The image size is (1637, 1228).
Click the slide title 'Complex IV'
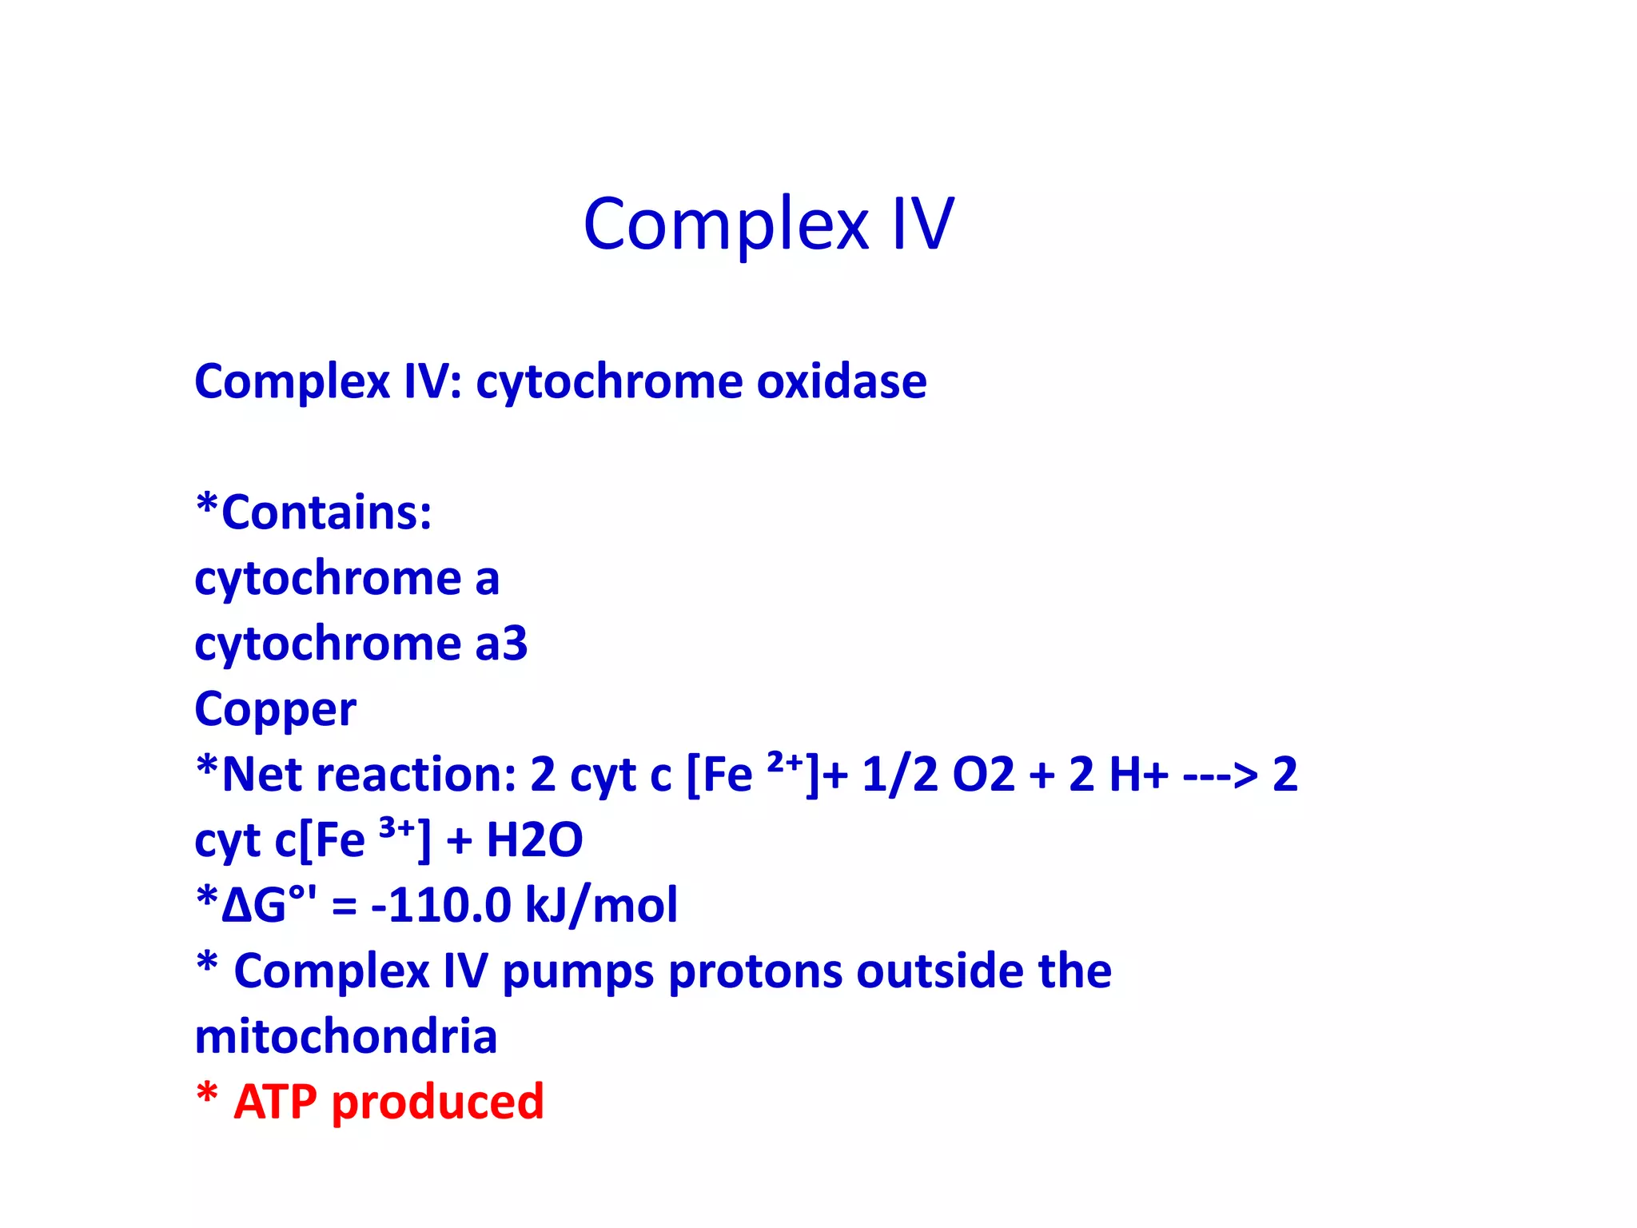(768, 224)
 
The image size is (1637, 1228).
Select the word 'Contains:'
(326, 512)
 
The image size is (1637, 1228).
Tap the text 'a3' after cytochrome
(501, 644)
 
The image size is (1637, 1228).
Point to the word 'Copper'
(275, 710)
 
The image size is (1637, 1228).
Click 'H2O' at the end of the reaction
(534, 840)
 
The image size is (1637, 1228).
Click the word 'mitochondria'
(345, 1037)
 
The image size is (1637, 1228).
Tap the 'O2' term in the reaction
(982, 775)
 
